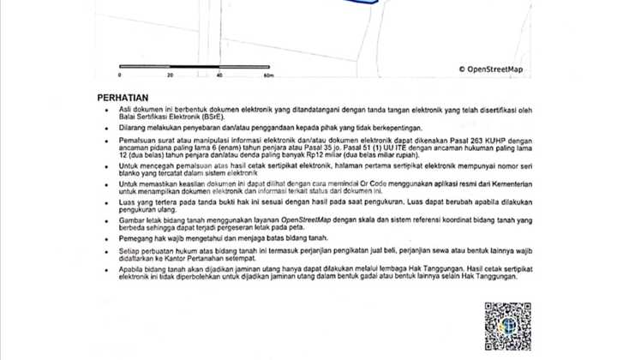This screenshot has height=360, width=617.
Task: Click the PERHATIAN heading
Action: [x=123, y=98]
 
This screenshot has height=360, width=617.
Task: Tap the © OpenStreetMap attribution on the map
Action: [x=490, y=69]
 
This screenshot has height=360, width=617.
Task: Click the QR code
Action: [x=507, y=327]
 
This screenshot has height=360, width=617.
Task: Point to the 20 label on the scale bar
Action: [x=170, y=76]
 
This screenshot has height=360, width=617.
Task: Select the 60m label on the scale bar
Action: [x=268, y=76]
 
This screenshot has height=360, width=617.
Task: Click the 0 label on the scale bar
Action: [x=120, y=76]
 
